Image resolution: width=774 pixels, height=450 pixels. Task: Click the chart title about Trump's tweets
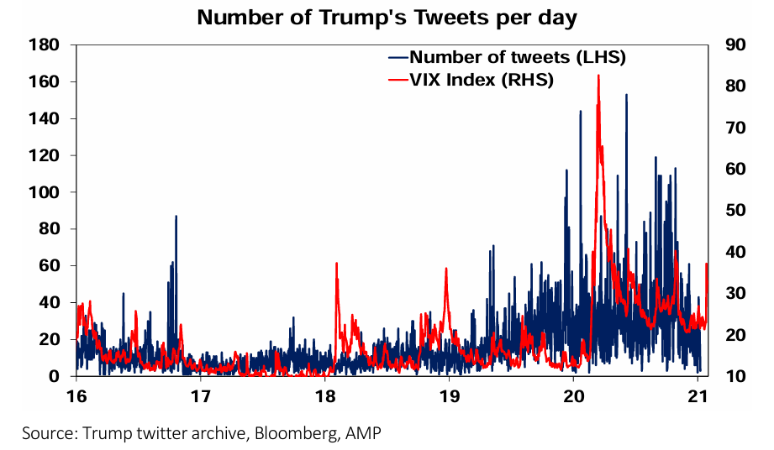(x=387, y=18)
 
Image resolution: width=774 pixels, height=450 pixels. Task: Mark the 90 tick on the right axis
(x=728, y=44)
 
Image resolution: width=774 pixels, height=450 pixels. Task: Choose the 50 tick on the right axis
(x=728, y=210)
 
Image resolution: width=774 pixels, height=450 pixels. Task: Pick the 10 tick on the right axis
(x=728, y=375)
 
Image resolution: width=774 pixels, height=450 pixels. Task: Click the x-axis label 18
(x=324, y=395)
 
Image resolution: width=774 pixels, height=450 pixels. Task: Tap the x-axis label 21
(x=698, y=395)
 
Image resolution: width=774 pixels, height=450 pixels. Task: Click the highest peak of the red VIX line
(x=598, y=76)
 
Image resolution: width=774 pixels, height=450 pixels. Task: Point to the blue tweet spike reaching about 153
(x=626, y=95)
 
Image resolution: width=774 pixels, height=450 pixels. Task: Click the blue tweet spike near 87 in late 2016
(x=176, y=217)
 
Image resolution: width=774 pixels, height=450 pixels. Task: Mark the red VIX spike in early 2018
(x=336, y=264)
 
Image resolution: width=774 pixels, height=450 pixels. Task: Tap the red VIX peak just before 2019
(x=446, y=269)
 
